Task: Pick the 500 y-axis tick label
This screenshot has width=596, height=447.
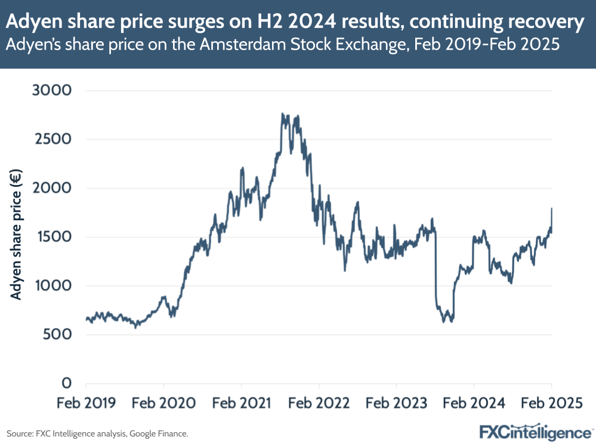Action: click(59, 334)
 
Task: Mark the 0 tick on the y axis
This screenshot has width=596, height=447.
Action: click(67, 383)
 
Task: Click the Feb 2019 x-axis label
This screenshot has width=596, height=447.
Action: click(86, 403)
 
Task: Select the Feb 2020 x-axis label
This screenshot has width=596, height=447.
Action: click(163, 403)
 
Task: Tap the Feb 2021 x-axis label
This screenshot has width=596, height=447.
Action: click(241, 403)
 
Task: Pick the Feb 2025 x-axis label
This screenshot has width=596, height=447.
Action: click(550, 403)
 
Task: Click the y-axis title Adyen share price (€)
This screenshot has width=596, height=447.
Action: click(16, 236)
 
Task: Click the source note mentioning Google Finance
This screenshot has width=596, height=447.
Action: click(98, 433)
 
